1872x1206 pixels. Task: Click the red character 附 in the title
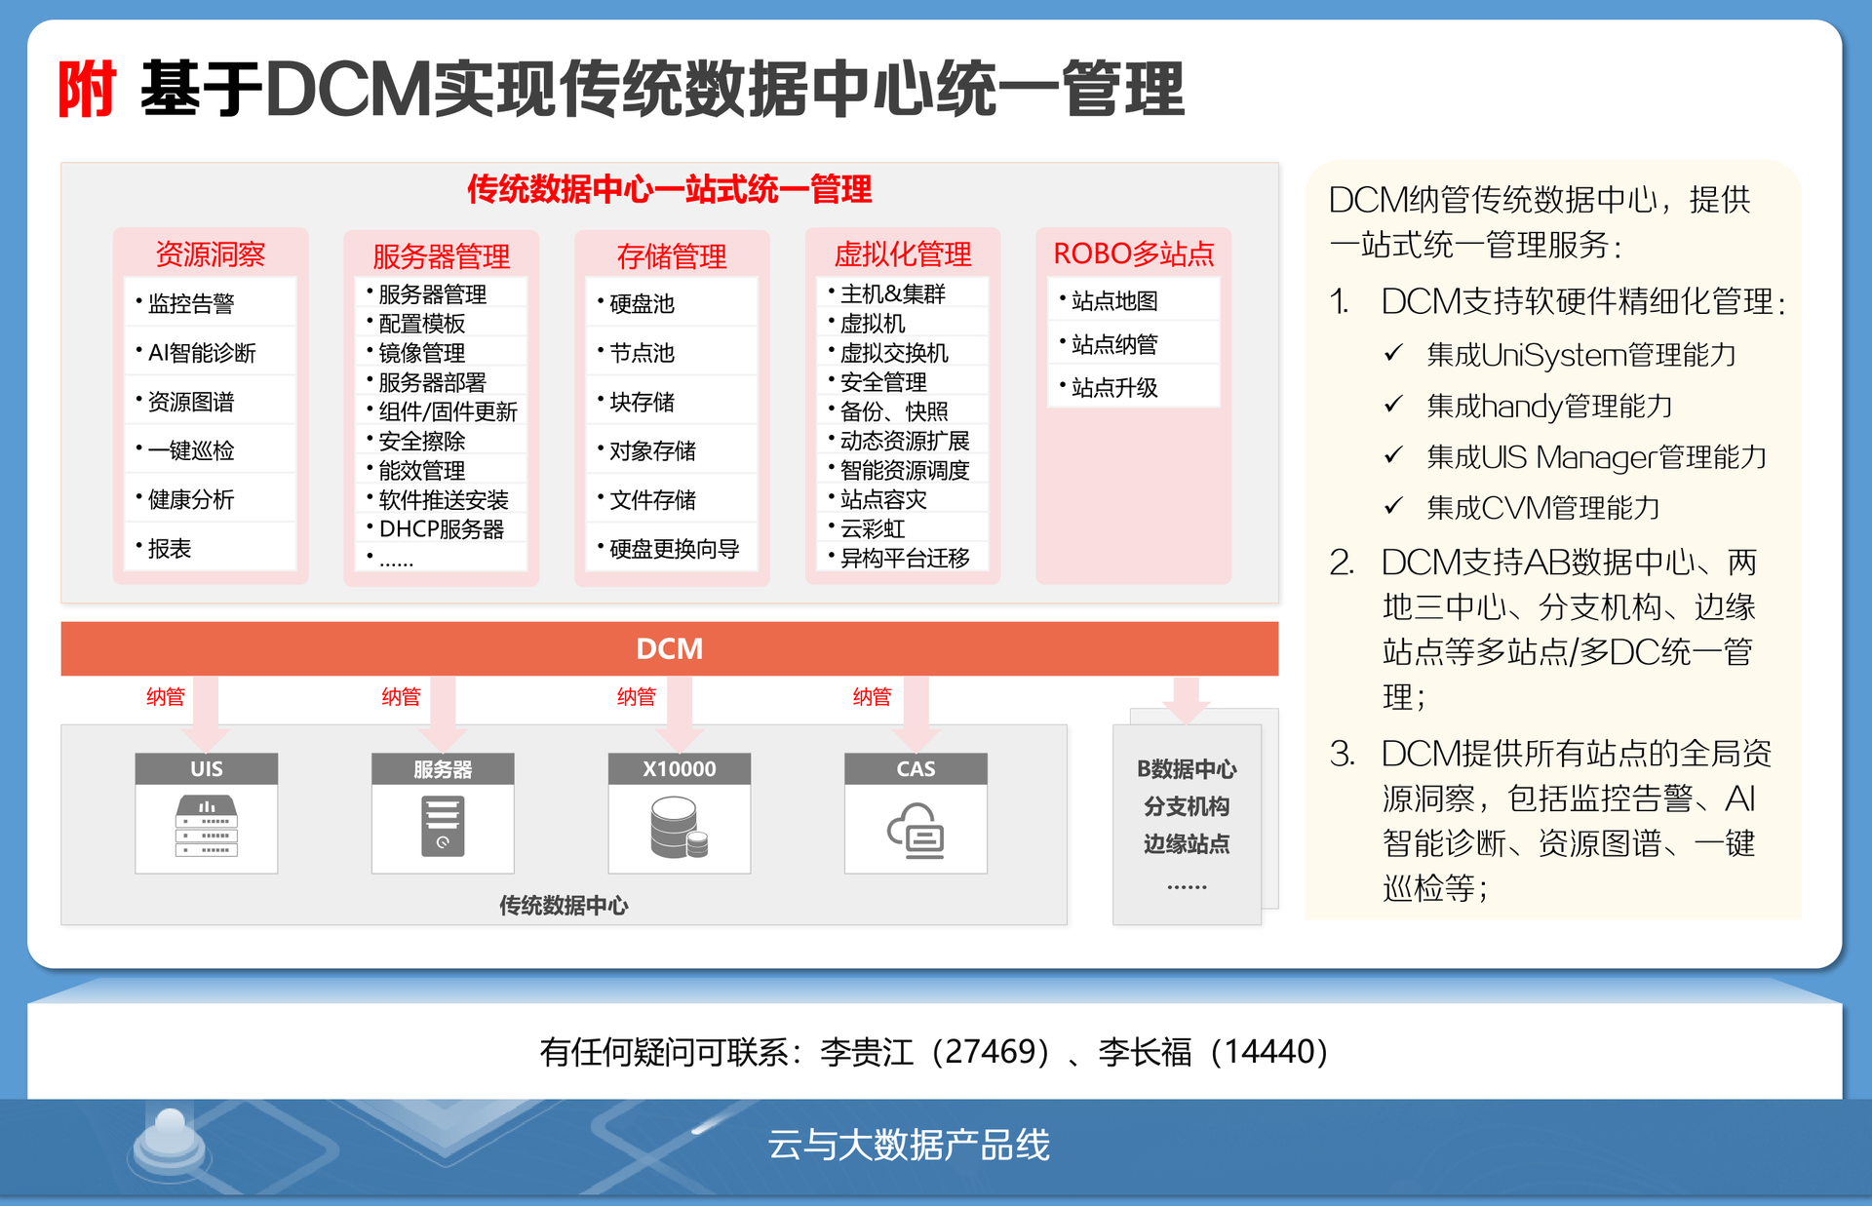pyautogui.click(x=88, y=89)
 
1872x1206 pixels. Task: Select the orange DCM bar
pyautogui.click(x=670, y=648)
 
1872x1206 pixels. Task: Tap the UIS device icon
pyautogui.click(x=207, y=826)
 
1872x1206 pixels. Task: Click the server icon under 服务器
pyautogui.click(x=443, y=826)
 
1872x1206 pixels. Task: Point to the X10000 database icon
pyautogui.click(x=679, y=827)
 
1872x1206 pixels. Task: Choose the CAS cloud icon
pyautogui.click(x=916, y=830)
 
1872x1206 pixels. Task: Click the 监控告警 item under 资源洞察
pyautogui.click(x=191, y=304)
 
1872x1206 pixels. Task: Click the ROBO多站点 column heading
pyautogui.click(x=1134, y=253)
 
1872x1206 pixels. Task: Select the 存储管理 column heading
pyautogui.click(x=672, y=256)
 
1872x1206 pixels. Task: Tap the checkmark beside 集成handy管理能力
pyautogui.click(x=1394, y=404)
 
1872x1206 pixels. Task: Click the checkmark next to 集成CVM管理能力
pyautogui.click(x=1394, y=505)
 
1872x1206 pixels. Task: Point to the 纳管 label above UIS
pyautogui.click(x=166, y=696)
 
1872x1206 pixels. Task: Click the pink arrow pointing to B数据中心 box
pyautogui.click(x=1186, y=700)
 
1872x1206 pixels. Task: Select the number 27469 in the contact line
pyautogui.click(x=987, y=1052)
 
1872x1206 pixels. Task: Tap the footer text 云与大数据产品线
pyautogui.click(x=909, y=1145)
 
